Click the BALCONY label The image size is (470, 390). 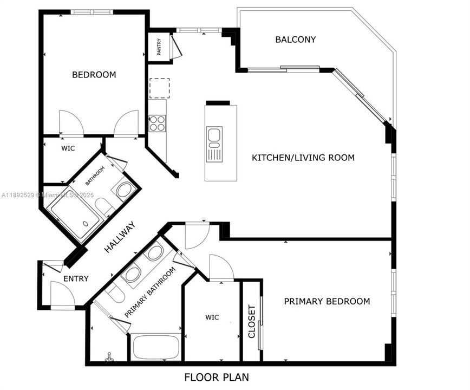[295, 40]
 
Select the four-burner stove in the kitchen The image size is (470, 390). [157, 123]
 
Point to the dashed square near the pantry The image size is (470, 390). [160, 88]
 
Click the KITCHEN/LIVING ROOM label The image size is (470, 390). [303, 158]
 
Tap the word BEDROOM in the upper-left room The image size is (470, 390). [94, 75]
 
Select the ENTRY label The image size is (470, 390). [76, 278]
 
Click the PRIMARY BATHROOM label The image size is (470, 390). [150, 292]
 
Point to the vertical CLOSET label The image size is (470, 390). [252, 322]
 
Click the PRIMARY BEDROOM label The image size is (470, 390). [327, 301]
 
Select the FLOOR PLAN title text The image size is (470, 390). [217, 377]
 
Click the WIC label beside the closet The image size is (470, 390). [212, 317]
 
